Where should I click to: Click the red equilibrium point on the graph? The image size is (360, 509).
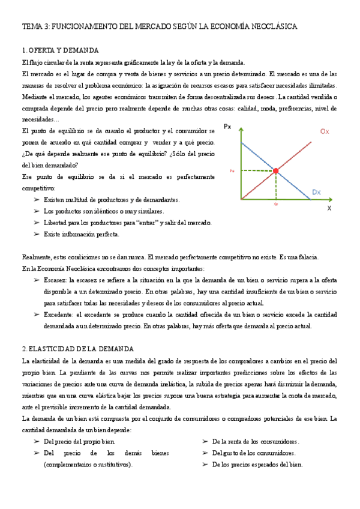tap(276, 171)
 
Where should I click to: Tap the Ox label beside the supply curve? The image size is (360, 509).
tap(325, 131)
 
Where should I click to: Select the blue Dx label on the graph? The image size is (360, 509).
tap(317, 192)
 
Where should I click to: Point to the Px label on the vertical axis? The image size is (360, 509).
tap(227, 127)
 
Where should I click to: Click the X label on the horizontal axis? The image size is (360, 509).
tap(329, 208)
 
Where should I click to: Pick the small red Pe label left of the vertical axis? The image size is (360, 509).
tap(232, 171)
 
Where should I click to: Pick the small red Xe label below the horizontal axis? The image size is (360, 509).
tap(275, 204)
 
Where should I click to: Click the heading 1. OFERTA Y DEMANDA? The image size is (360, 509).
tap(60, 50)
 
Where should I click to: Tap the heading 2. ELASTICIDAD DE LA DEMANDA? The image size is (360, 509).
tap(78, 349)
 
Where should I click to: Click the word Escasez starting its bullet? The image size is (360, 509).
tap(55, 280)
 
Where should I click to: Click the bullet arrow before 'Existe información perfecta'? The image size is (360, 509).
tap(37, 234)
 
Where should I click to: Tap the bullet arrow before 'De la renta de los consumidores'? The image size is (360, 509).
tap(205, 442)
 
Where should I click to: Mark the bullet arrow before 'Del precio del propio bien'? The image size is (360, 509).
tap(37, 442)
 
